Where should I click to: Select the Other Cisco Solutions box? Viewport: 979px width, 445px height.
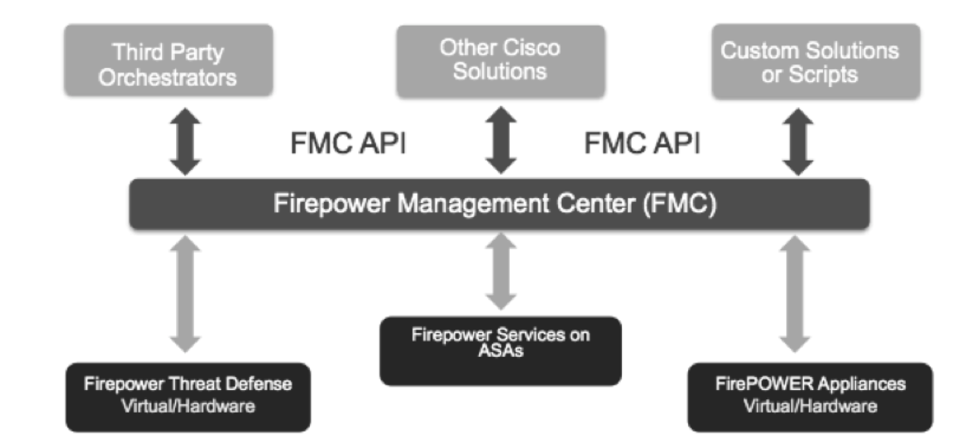[501, 61]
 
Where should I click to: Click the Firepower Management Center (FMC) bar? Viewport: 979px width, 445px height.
[499, 204]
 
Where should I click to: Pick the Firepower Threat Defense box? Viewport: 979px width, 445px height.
[187, 396]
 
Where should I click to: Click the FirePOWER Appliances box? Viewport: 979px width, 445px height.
[810, 396]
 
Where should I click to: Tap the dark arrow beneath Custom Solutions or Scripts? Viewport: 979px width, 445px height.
[797, 142]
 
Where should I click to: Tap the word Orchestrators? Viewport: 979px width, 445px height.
[168, 78]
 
